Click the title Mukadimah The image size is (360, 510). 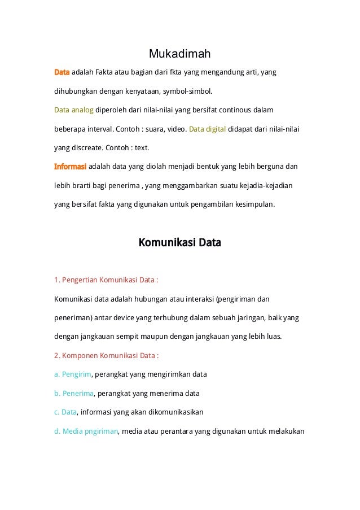click(179, 54)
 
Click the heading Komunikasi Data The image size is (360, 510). click(179, 243)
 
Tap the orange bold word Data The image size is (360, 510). click(62, 72)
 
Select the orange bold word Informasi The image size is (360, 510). click(70, 167)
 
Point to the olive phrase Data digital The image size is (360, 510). click(207, 129)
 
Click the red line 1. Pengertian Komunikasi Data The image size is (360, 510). click(106, 280)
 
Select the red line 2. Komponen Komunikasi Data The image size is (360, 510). click(106, 356)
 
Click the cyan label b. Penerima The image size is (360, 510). click(74, 393)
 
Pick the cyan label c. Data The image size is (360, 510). click(65, 412)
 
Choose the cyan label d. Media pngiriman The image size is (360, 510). click(86, 431)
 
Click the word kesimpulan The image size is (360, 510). click(255, 204)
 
